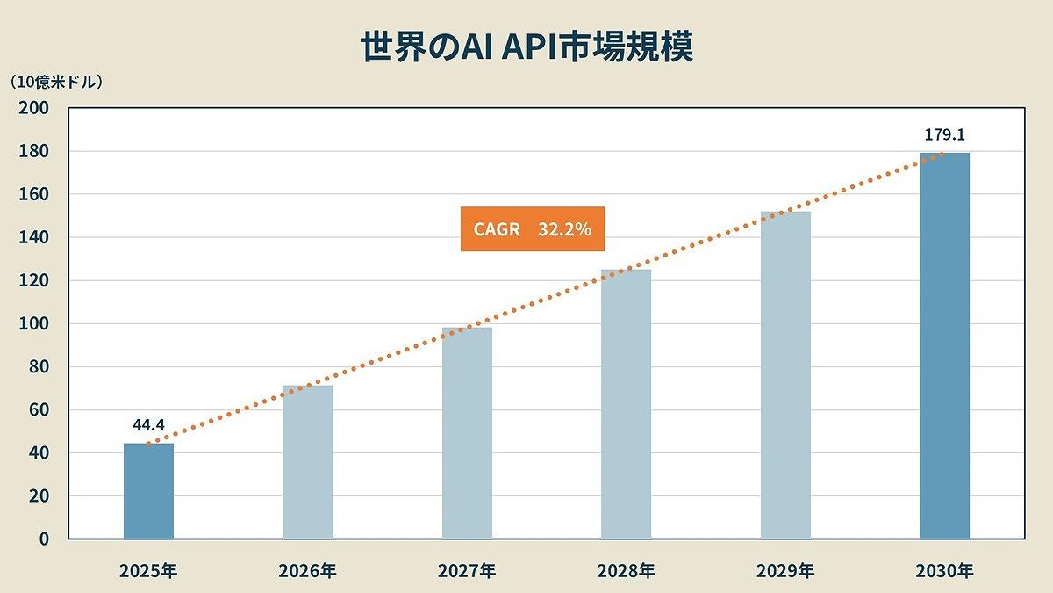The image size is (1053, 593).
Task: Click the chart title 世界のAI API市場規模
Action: [526, 47]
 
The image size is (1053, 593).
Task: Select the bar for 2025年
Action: [148, 491]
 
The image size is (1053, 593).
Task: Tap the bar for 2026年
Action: [307, 462]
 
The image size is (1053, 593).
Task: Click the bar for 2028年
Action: [626, 404]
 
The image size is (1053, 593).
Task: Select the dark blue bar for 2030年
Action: [944, 346]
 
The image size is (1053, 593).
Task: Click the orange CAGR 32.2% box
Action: [533, 229]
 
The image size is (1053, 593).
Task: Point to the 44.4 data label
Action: [149, 425]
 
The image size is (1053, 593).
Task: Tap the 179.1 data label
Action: [945, 135]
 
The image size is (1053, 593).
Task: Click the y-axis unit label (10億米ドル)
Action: [57, 83]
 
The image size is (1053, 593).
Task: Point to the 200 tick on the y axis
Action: [32, 108]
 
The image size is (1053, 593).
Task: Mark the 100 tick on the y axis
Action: [32, 323]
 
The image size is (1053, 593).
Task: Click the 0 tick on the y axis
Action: [41, 539]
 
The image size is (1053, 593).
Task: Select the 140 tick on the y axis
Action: [32, 237]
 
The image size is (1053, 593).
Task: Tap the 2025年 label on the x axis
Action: [148, 571]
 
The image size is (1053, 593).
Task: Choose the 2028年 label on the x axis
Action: [626, 571]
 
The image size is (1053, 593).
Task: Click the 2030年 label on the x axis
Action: [944, 571]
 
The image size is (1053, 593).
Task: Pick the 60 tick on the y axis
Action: [36, 409]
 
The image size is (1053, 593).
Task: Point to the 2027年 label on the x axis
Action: [467, 571]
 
